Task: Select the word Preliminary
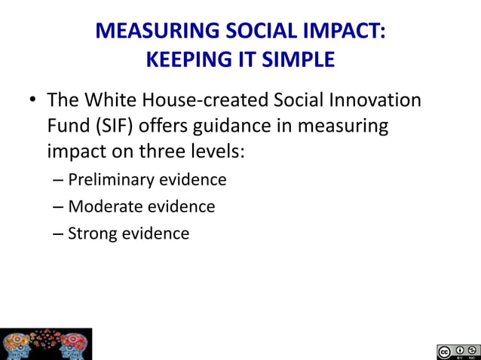pos(115,180)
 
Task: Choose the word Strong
pos(92,233)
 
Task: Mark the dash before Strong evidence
pos(59,233)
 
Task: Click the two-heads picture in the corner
pos(46,343)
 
